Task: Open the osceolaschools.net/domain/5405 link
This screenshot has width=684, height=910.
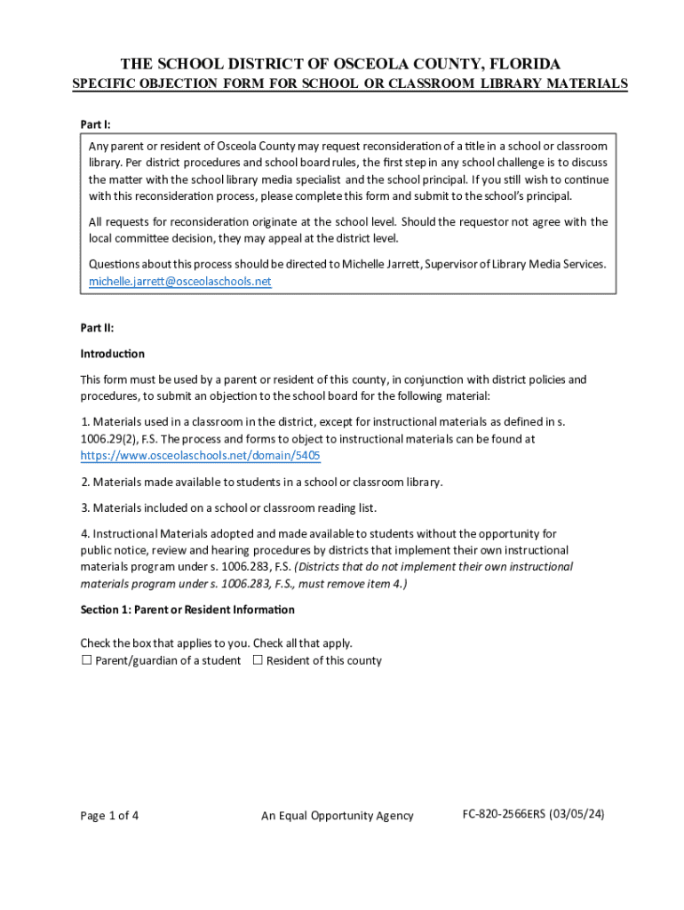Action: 200,456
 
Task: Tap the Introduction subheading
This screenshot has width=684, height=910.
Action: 112,354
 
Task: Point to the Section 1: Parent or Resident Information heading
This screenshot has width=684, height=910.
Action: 187,610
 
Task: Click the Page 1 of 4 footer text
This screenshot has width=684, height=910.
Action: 109,816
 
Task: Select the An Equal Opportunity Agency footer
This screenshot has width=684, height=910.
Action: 337,816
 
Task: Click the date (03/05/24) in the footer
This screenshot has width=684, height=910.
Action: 577,814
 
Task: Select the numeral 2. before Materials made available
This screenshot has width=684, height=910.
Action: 85,483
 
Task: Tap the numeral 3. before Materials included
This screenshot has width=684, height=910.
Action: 85,508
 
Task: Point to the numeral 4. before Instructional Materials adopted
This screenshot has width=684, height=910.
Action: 85,534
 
